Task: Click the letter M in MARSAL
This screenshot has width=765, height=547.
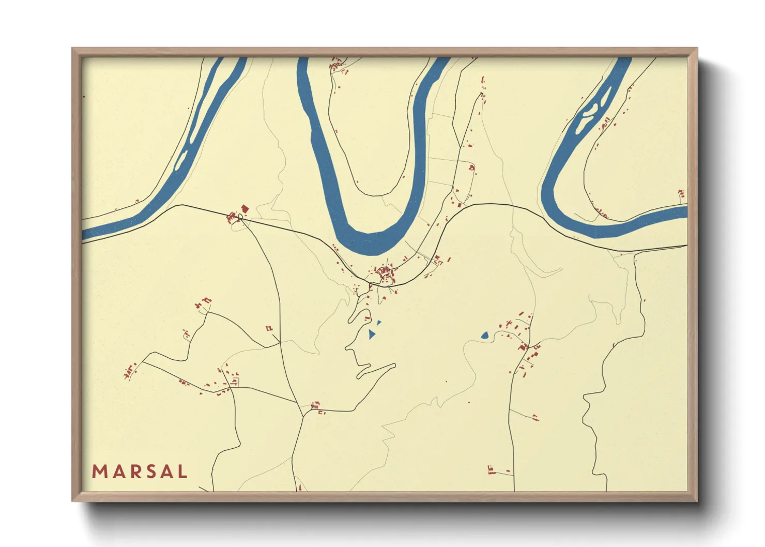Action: click(x=99, y=472)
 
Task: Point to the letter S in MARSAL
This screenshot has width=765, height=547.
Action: click(x=148, y=472)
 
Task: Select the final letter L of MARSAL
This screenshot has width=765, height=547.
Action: click(x=181, y=472)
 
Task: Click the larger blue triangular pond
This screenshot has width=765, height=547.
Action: click(x=372, y=334)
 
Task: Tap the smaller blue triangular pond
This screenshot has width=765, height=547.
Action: click(x=379, y=323)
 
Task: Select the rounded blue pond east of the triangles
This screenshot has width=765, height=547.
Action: click(x=485, y=336)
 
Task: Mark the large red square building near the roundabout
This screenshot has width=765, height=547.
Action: click(x=244, y=208)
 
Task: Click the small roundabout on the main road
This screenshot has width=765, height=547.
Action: click(x=240, y=217)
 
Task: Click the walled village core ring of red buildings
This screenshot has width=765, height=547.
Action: click(x=384, y=272)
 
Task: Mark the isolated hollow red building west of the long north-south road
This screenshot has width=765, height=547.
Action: click(x=269, y=328)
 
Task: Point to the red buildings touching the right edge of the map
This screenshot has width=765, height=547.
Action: click(x=682, y=195)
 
